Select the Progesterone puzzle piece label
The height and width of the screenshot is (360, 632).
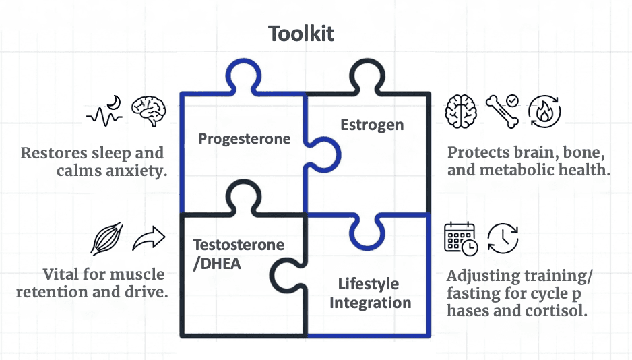244,139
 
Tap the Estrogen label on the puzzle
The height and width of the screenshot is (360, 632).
372,125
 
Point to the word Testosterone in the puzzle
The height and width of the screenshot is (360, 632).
239,245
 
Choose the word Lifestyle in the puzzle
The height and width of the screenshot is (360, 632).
368,284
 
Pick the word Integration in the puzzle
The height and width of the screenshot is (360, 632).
370,303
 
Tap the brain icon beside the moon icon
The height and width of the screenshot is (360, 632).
148,111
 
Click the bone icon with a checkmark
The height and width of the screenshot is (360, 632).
503,109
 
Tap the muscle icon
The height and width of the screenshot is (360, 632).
107,239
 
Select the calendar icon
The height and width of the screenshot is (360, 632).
460,239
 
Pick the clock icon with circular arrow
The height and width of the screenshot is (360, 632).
503,239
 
